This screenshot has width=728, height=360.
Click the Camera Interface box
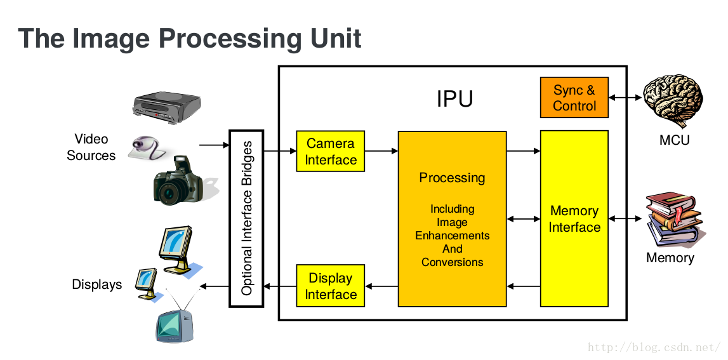[331, 152]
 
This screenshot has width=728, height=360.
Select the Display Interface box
[331, 286]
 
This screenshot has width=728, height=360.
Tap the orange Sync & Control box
[574, 98]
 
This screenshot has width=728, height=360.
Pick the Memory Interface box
[574, 219]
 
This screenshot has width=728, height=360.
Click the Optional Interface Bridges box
[246, 218]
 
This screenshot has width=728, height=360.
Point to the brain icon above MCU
[673, 101]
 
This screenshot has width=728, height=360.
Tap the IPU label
[454, 99]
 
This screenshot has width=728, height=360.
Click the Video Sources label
[91, 147]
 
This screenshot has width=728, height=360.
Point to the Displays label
[96, 284]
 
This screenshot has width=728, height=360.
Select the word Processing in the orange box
[452, 178]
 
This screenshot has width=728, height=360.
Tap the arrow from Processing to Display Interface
[381, 286]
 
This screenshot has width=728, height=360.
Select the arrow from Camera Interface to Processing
[381, 151]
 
